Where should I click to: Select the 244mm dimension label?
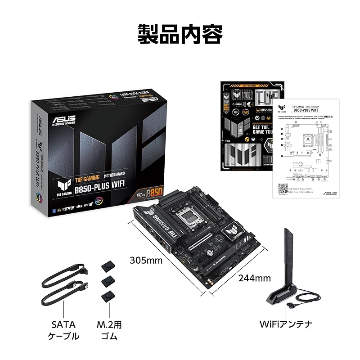tap(254, 278)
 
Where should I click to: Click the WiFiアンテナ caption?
tap(287, 324)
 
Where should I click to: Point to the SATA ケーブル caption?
tap(63, 330)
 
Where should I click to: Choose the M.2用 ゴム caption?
tap(109, 330)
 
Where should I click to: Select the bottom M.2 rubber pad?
tap(108, 297)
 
